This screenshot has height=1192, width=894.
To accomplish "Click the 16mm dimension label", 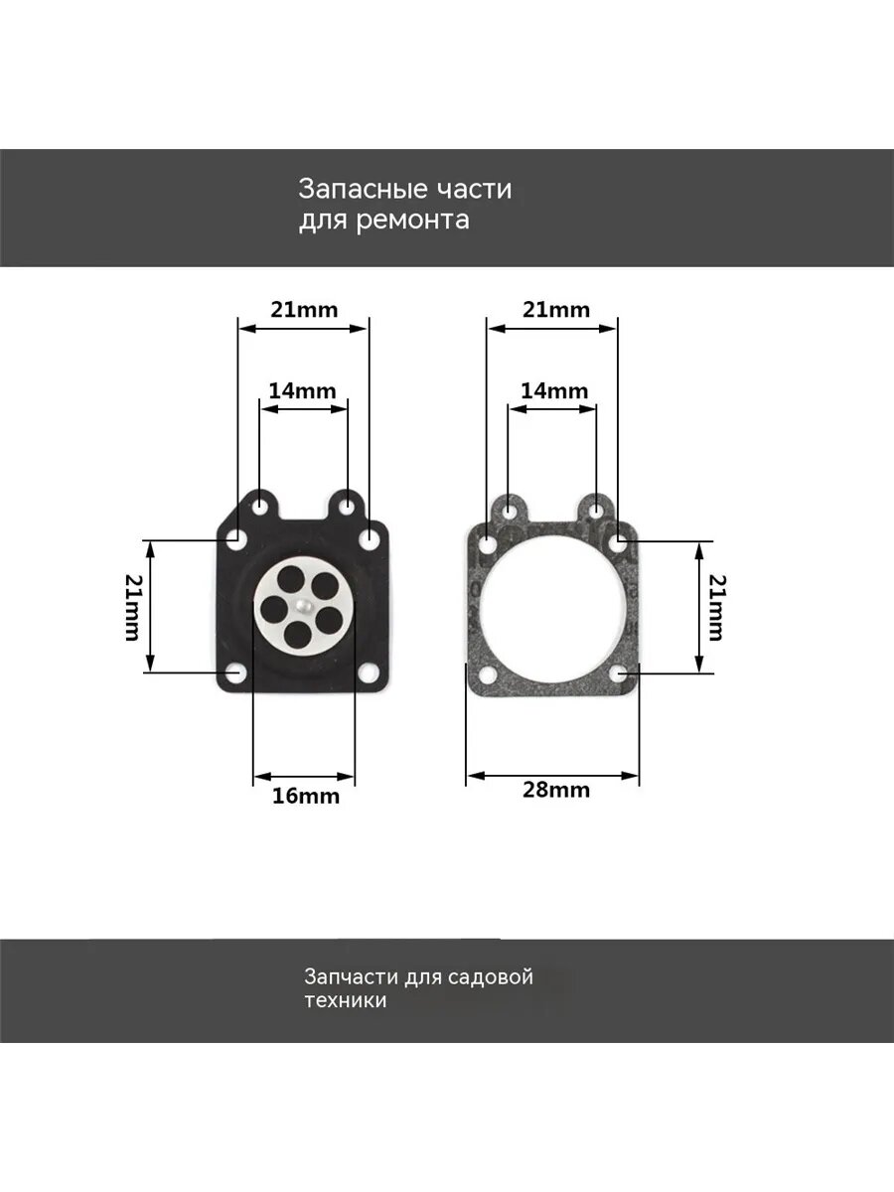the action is coord(306,796).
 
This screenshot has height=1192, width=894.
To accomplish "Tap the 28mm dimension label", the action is coord(556,790).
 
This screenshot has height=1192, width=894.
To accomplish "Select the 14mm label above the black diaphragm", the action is coord(302,390).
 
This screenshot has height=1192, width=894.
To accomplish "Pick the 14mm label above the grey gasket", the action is coord(554,390).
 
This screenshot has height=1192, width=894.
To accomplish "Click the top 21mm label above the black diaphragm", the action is coord(304,310).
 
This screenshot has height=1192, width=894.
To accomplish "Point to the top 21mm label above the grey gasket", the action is coord(556,310).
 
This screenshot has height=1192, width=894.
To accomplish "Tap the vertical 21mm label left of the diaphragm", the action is coord(133,607).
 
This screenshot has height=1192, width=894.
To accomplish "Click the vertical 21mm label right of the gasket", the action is coord(717,607).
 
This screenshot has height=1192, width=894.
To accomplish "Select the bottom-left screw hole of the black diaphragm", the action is coord(236,672).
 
